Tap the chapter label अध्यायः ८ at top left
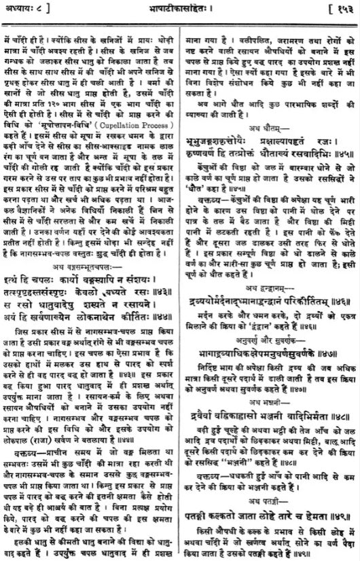24,9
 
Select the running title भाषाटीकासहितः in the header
180,9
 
